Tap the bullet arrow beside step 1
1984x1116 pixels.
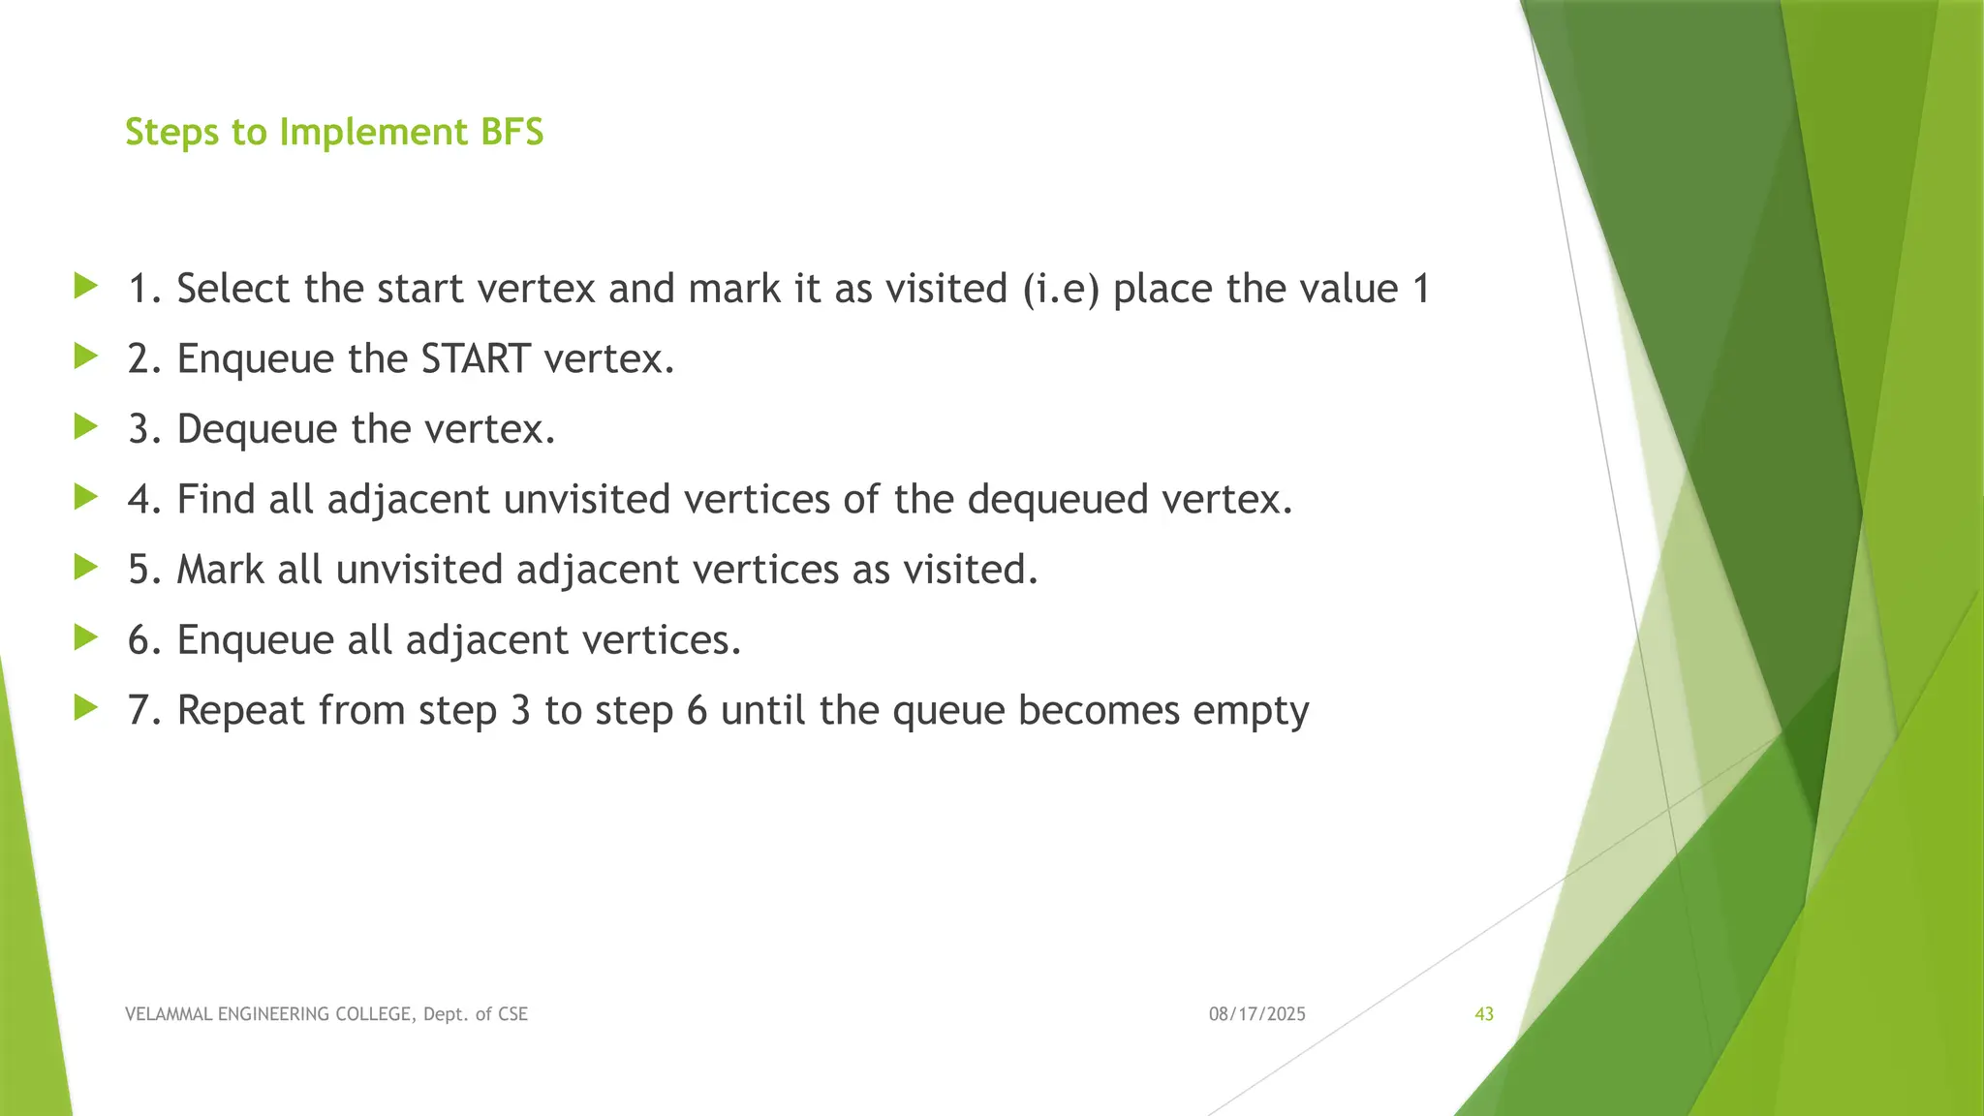click(x=86, y=286)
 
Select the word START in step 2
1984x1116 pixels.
click(x=476, y=359)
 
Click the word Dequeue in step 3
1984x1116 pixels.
click(x=257, y=429)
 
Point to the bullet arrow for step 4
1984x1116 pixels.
click(x=86, y=497)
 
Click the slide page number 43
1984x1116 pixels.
click(x=1484, y=1014)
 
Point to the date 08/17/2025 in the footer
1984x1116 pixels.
click(x=1256, y=1014)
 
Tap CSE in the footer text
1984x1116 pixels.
click(x=512, y=1014)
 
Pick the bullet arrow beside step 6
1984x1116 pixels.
click(x=86, y=637)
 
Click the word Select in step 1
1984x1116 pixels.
click(x=232, y=289)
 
